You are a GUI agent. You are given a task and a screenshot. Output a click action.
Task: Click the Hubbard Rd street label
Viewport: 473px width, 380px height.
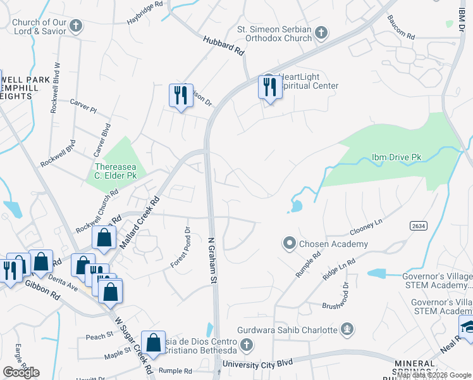(223, 46)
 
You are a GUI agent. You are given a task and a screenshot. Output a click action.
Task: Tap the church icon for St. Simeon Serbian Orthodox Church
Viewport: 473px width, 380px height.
(321, 32)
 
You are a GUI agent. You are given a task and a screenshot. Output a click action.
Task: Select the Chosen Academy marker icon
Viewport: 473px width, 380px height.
(290, 243)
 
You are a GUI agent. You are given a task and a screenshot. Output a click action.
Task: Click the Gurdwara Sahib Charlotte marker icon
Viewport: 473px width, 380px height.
(346, 329)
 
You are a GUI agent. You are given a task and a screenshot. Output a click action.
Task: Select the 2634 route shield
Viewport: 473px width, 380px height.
(417, 225)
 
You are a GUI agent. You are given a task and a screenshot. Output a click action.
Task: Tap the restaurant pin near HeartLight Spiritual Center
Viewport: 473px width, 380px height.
(270, 87)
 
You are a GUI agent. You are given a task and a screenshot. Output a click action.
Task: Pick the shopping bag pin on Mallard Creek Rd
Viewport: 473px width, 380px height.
(104, 238)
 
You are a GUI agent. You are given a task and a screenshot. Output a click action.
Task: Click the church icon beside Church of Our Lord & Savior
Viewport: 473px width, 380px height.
(76, 26)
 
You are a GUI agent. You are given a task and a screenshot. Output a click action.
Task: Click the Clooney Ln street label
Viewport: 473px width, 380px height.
(366, 229)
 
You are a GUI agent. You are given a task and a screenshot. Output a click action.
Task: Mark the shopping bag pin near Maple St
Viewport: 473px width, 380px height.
(153, 343)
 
